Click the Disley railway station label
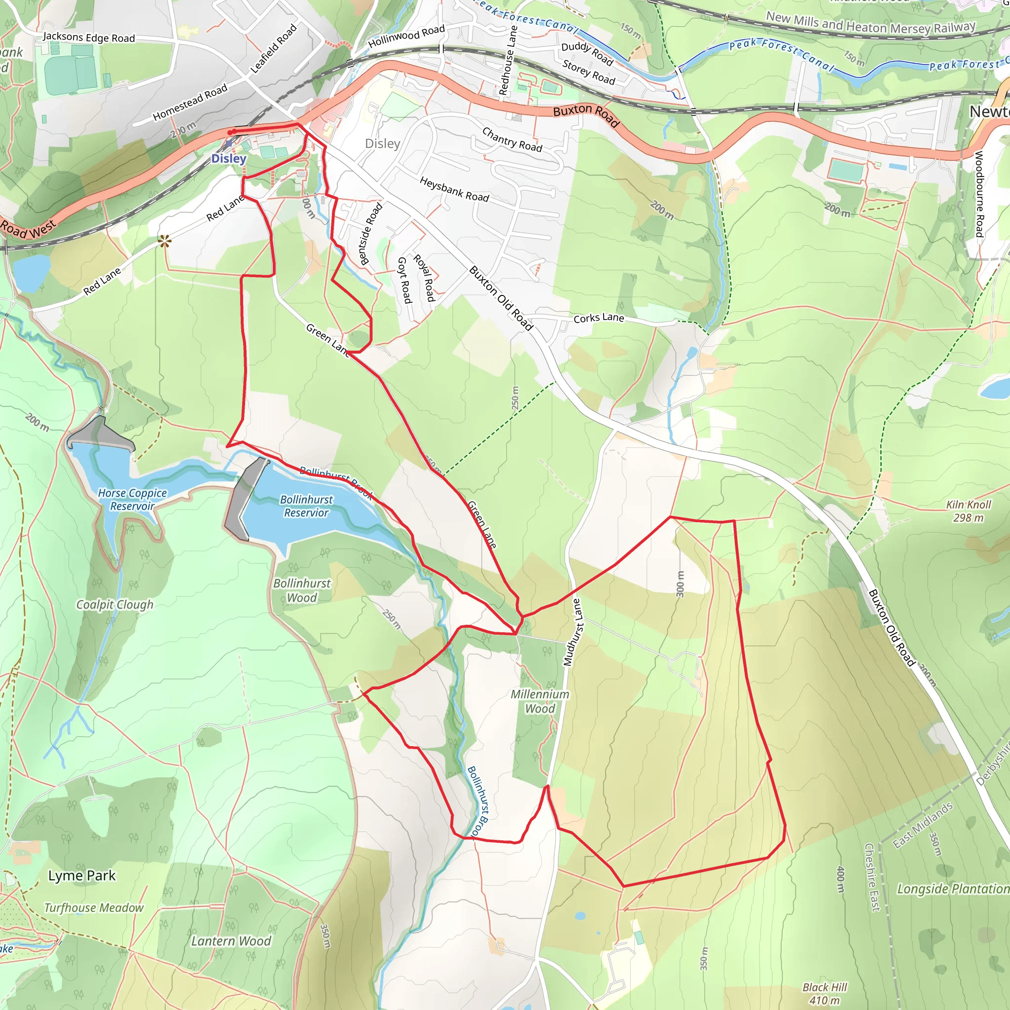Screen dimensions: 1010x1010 click(x=228, y=158)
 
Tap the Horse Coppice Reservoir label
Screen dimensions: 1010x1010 click(x=132, y=500)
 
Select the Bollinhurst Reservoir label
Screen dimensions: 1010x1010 click(x=306, y=506)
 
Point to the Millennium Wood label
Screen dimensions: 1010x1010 click(x=540, y=702)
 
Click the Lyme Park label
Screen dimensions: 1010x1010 click(x=81, y=876)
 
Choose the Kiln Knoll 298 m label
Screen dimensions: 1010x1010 click(x=968, y=511)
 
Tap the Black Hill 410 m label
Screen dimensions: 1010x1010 click(x=825, y=994)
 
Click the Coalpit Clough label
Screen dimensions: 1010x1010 click(x=115, y=604)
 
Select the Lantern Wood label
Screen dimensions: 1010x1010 click(x=231, y=941)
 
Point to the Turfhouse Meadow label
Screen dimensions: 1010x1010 click(x=94, y=908)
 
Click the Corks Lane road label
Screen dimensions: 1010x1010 click(x=599, y=318)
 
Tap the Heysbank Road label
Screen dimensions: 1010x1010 click(x=454, y=189)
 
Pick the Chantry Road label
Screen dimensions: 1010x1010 click(x=512, y=139)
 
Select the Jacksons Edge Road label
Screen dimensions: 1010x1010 click(x=89, y=37)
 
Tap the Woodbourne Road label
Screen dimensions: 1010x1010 click(x=979, y=193)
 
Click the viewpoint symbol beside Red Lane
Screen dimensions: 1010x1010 click(x=165, y=241)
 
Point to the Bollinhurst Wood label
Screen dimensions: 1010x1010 click(x=302, y=590)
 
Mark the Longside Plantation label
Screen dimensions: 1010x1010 click(x=952, y=889)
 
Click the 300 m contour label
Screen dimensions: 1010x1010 click(x=680, y=583)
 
